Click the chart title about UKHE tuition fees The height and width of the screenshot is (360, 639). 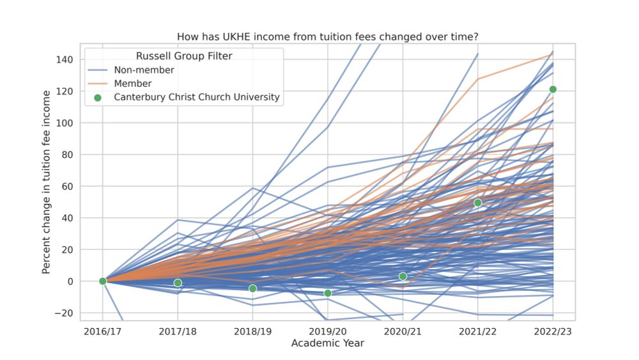[327, 37]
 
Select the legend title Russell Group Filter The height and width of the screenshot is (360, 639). [184, 56]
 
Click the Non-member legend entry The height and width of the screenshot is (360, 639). [144, 70]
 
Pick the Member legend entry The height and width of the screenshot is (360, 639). [132, 84]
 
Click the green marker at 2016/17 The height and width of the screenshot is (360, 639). [103, 281]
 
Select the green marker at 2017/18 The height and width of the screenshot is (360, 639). [178, 283]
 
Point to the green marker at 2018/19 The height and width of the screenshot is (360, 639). [253, 288]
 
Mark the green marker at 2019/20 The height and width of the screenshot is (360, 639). [328, 293]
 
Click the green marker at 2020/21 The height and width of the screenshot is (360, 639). [403, 276]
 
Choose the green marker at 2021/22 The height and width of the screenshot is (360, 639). [478, 203]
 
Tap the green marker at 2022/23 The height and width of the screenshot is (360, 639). [553, 90]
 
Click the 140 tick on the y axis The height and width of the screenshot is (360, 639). [65, 59]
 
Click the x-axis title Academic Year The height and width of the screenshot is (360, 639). [327, 343]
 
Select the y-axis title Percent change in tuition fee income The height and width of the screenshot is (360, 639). [47, 182]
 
